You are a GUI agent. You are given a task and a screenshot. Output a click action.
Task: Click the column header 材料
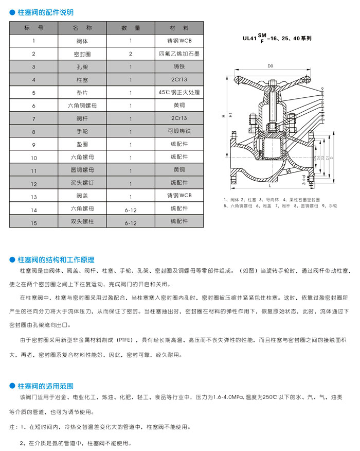click(x=179, y=27)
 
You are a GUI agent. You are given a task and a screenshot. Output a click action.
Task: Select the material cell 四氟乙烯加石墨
click(x=179, y=54)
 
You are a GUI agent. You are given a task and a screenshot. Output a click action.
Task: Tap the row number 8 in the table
click(x=34, y=131)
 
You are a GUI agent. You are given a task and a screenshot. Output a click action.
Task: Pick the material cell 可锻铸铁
click(x=179, y=131)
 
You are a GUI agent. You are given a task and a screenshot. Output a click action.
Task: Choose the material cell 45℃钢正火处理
click(x=179, y=93)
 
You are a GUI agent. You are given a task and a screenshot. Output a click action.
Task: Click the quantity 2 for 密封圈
click(x=131, y=54)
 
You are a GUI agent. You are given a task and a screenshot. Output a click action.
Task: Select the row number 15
click(x=34, y=223)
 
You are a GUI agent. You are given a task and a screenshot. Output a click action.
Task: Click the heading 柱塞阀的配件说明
click(x=45, y=12)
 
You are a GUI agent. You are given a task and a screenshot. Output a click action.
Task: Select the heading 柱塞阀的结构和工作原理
click(x=56, y=259)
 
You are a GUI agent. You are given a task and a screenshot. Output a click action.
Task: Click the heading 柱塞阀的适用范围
click(x=45, y=386)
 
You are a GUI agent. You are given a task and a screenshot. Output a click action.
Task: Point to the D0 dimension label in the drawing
click(x=270, y=66)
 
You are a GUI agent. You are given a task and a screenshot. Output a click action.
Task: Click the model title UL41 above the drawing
click(x=249, y=38)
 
